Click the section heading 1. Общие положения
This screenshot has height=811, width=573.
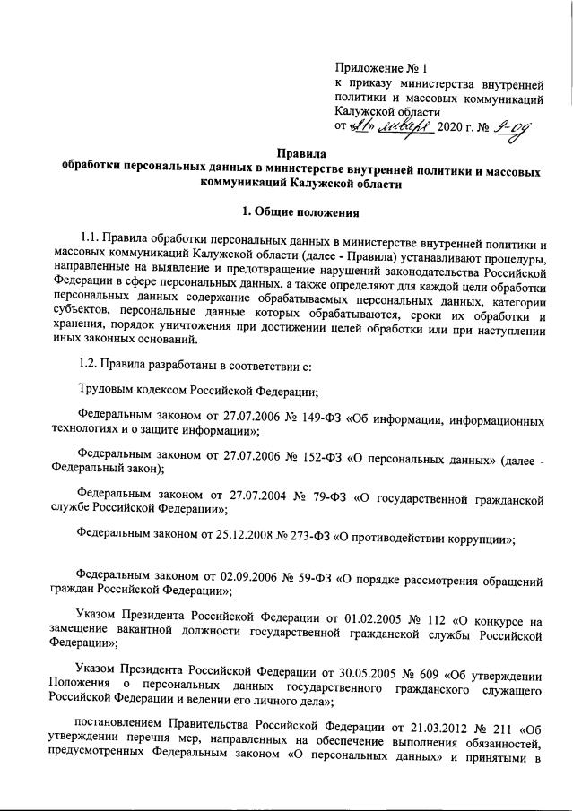296,212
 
